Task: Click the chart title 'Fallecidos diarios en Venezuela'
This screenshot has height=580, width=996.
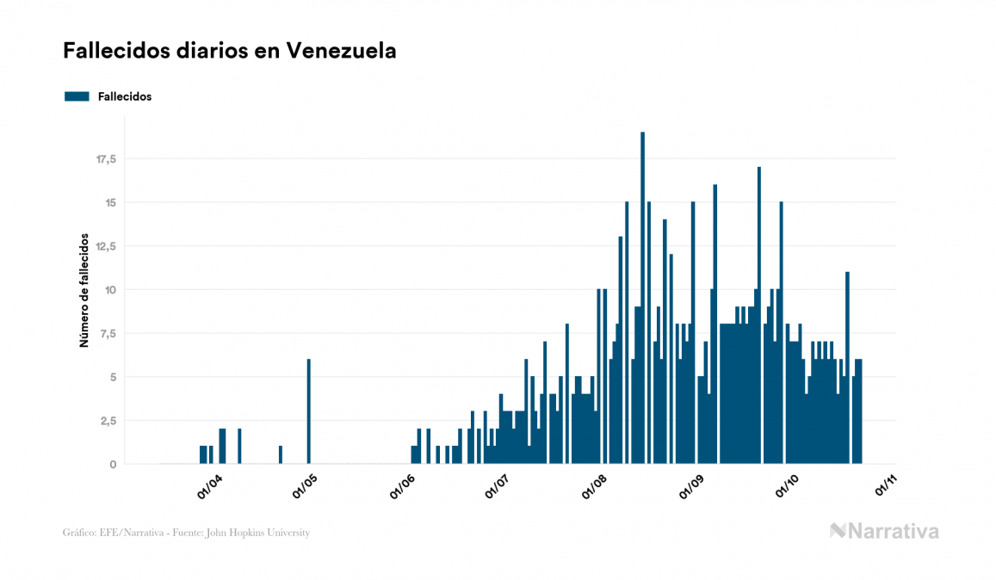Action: click(x=230, y=51)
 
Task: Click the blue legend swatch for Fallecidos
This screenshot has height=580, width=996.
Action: click(x=77, y=96)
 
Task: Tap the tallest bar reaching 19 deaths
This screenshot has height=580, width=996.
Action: click(x=642, y=297)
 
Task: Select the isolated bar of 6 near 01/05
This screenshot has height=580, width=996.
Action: click(x=308, y=411)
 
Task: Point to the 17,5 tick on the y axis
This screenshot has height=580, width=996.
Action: click(x=106, y=159)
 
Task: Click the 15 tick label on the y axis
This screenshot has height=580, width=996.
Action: click(x=110, y=203)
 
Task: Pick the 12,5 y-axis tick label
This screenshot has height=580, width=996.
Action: click(x=106, y=246)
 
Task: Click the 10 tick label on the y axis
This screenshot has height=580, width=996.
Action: click(x=110, y=290)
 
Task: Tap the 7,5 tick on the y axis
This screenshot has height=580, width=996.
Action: click(x=108, y=334)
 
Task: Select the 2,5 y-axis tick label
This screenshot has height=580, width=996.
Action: click(x=108, y=421)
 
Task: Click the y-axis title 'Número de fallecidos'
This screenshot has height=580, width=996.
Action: click(x=84, y=289)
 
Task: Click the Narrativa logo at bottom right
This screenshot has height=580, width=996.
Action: click(x=884, y=531)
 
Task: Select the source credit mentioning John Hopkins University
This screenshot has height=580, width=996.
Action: click(x=187, y=533)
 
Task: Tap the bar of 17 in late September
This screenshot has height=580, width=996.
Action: click(x=758, y=315)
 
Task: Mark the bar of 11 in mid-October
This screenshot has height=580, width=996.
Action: click(x=847, y=367)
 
